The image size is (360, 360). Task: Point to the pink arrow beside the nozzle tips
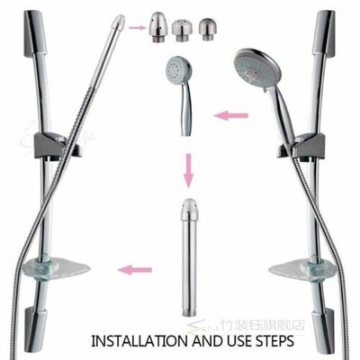[x=138, y=28]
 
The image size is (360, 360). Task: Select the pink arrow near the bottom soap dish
[x=136, y=268]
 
